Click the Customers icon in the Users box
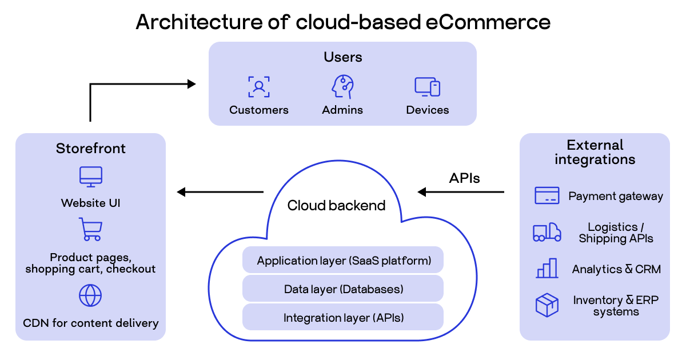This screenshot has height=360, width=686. coord(259,87)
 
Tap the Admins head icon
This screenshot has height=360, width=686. coord(342,87)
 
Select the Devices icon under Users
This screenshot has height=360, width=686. coord(427,87)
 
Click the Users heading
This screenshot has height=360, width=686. coord(342,57)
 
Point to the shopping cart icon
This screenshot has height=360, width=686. coord(90,229)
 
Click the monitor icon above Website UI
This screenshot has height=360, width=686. coord(90,177)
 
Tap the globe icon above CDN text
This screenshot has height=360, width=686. coord(90,295)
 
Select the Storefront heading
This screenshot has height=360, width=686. coord(90,149)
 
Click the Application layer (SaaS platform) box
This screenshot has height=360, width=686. coord(343,261)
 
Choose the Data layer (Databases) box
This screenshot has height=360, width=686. coord(343,289)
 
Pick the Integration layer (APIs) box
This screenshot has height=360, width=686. coord(343,318)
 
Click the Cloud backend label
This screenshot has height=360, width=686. coord(336,206)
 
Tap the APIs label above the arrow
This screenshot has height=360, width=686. coord(464,178)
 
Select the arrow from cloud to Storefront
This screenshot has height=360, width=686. coord(220,192)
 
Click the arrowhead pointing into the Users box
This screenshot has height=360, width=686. coord(192,84)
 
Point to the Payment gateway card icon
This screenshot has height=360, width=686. coord(547,195)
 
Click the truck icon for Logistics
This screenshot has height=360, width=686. coord(547,232)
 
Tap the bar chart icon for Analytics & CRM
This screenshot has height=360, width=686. coord(547,268)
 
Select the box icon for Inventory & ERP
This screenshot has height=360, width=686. coord(547,305)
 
